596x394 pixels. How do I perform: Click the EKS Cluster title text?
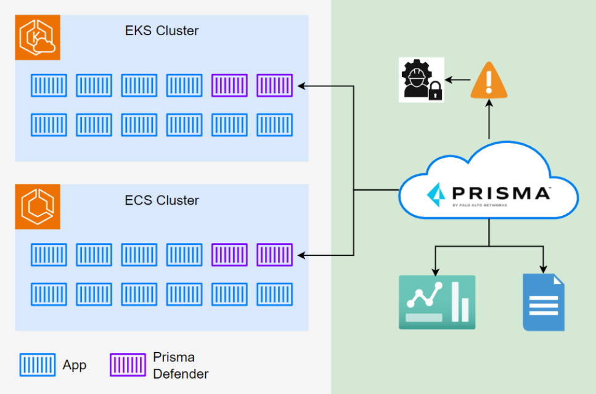[161, 31]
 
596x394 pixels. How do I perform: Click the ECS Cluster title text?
[161, 200]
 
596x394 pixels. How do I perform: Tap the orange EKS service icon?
[38, 38]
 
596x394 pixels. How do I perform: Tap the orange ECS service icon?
[38, 207]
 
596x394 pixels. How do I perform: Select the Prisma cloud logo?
[489, 192]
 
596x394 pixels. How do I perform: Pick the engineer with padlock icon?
[421, 80]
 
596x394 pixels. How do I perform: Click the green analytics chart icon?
[437, 302]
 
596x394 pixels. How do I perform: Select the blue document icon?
[543, 302]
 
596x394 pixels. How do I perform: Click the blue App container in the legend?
[38, 365]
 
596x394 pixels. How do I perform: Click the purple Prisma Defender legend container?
[128, 365]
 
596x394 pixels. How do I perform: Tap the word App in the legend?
[75, 365]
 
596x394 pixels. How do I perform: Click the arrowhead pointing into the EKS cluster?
[300, 86]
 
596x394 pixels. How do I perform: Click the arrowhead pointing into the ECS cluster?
[300, 255]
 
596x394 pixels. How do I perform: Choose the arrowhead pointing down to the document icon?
[543, 269]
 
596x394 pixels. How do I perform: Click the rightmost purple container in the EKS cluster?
[274, 86]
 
